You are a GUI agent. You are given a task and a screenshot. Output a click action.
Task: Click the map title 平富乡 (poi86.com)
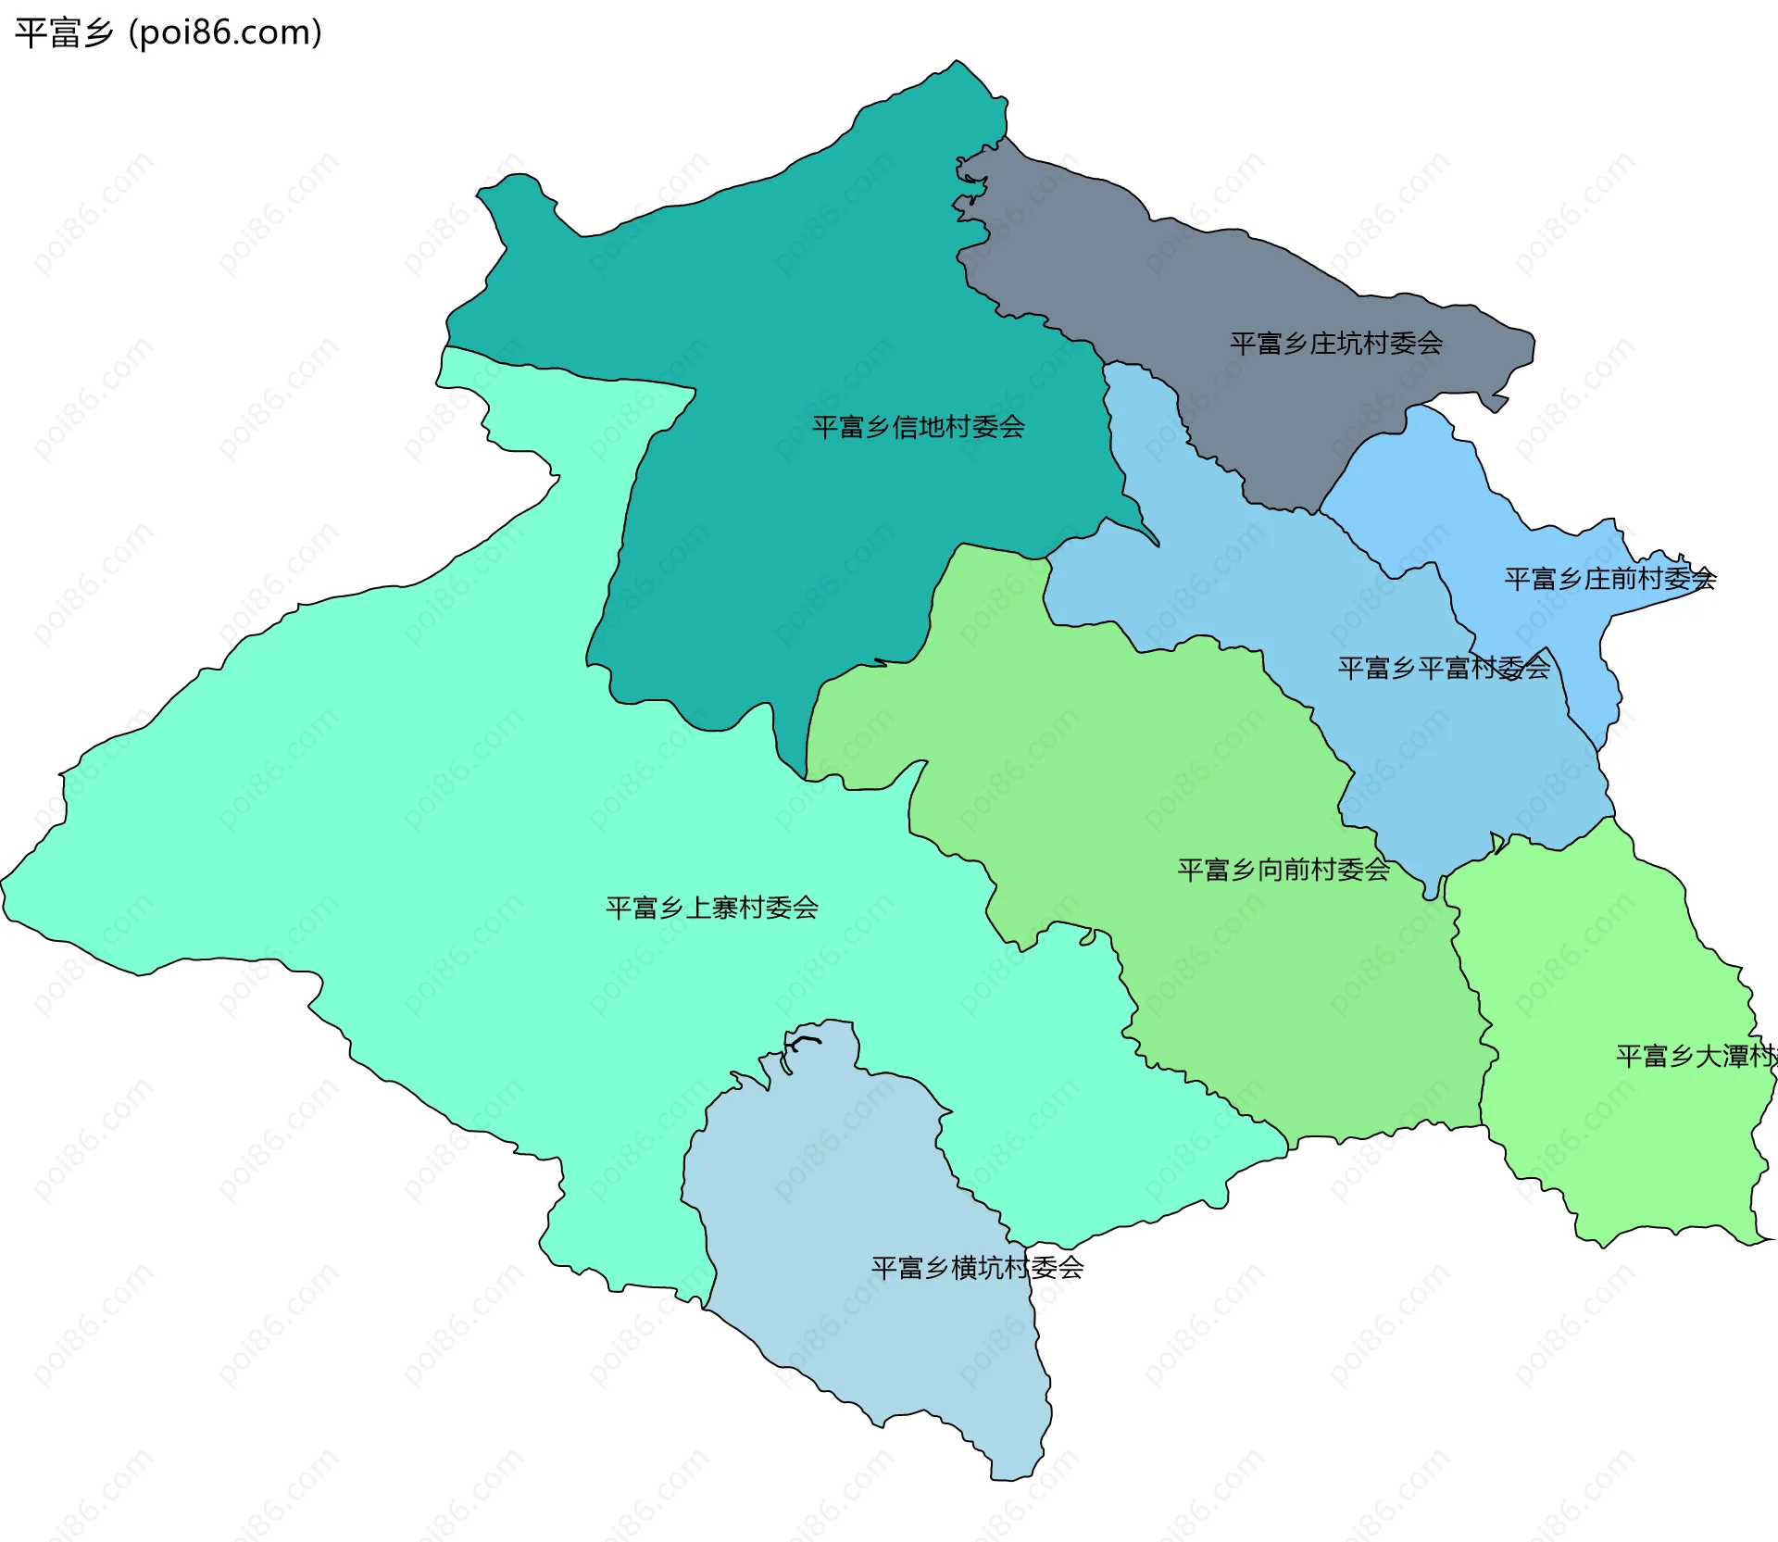tap(169, 32)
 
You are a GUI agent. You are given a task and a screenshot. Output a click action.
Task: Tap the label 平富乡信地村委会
tap(918, 427)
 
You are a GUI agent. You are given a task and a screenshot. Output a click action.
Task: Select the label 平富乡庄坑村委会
tap(1335, 344)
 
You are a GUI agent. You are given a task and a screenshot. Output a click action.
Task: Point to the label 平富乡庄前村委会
tap(1609, 579)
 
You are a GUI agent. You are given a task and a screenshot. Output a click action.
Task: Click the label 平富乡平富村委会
tap(1443, 668)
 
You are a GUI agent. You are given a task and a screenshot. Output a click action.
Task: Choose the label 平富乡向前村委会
tap(1283, 870)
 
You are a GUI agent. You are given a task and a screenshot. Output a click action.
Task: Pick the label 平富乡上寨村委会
tap(711, 908)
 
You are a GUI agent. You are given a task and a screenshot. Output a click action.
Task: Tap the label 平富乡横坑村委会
tap(977, 1268)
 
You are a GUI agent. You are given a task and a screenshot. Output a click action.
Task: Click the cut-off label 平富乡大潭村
tap(1695, 1056)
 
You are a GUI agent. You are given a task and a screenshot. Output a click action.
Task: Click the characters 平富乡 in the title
tap(64, 32)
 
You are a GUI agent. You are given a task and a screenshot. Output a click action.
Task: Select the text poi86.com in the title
tap(225, 32)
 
